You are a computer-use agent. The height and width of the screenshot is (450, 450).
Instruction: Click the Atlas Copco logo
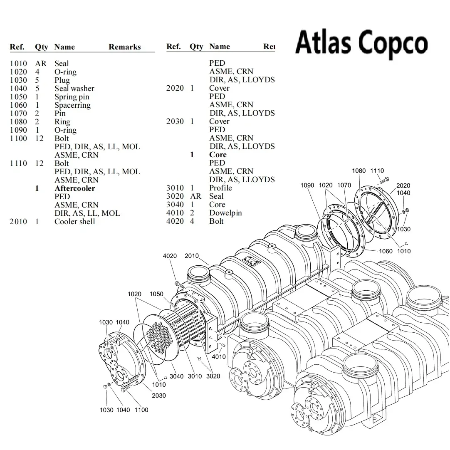click(361, 43)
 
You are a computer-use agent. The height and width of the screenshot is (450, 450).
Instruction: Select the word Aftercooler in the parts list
click(74, 188)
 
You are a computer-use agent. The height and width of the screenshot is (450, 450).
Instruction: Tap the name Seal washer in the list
click(74, 89)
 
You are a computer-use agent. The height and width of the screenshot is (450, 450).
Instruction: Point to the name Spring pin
click(72, 97)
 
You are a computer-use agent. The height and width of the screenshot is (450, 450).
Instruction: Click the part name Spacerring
click(72, 105)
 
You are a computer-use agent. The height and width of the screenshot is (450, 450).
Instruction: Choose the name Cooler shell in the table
click(74, 222)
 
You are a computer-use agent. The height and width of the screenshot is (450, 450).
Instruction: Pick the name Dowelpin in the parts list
click(225, 213)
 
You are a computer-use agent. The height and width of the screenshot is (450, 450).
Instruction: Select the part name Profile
click(220, 188)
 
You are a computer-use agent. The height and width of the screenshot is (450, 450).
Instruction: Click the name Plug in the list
click(62, 80)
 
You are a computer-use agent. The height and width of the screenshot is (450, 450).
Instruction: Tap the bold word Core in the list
click(218, 155)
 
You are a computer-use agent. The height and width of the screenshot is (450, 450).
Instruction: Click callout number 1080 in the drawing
click(359, 171)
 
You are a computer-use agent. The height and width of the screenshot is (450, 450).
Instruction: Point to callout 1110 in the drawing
click(377, 171)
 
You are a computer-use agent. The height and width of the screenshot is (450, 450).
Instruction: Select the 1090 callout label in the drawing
click(307, 185)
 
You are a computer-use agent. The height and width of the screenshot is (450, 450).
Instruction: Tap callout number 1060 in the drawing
click(386, 251)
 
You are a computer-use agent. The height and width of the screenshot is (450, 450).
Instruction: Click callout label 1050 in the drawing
click(156, 294)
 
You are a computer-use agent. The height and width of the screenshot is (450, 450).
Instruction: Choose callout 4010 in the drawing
click(219, 357)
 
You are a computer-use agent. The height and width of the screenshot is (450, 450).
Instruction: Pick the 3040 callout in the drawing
click(176, 377)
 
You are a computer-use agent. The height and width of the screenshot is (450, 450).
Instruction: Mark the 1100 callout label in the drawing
click(141, 410)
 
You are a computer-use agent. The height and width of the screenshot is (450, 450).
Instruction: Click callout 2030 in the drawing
click(158, 396)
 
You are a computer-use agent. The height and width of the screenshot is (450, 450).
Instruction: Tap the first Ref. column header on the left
click(17, 47)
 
